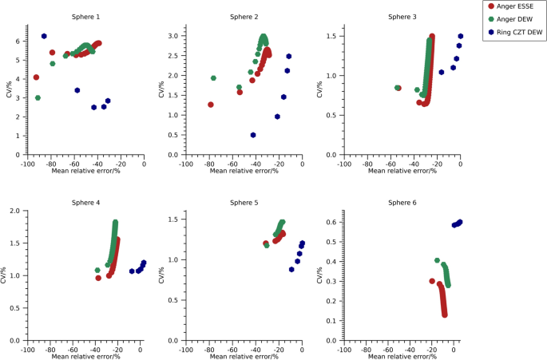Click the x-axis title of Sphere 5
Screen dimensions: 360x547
pyautogui.click(x=243, y=356)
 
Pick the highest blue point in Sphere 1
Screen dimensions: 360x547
pyautogui.click(x=44, y=36)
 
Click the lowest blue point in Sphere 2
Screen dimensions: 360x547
pyautogui.click(x=253, y=135)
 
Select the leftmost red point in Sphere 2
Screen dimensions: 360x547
pyautogui.click(x=211, y=105)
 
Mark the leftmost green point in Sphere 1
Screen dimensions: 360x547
pyautogui.click(x=38, y=97)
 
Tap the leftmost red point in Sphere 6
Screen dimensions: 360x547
pyautogui.click(x=432, y=281)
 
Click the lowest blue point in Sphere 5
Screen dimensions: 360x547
pyautogui.click(x=292, y=269)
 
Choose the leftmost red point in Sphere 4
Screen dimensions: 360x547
pyautogui.click(x=98, y=278)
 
